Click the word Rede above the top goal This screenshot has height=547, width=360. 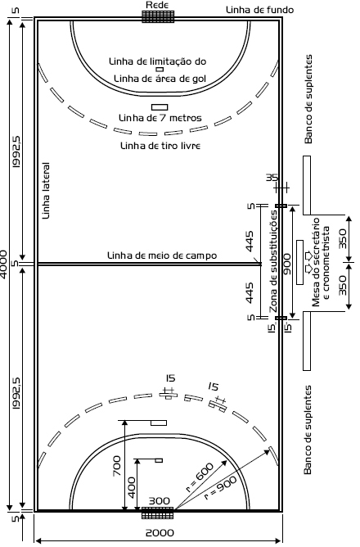tap(157, 5)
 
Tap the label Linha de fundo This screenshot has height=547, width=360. tap(259, 10)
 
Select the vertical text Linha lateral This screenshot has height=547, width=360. tap(46, 191)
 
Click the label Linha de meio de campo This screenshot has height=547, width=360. tap(162, 255)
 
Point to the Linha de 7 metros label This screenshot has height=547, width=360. tap(160, 118)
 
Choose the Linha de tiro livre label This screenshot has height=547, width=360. tap(160, 146)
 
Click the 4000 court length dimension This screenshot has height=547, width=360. tap(3, 264)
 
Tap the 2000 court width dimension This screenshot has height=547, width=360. tap(160, 533)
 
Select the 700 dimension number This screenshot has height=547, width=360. tap(117, 466)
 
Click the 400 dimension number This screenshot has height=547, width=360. tap(132, 488)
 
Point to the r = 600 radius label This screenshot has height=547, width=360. tap(200, 477)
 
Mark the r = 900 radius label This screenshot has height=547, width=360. tap(220, 488)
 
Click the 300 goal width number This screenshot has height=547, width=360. tap(160, 501)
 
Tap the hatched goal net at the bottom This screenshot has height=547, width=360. tap(158, 513)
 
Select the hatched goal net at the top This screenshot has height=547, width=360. tap(158, 16)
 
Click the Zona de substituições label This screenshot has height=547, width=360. tap(274, 261)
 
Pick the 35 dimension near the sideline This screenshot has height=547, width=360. tap(272, 178)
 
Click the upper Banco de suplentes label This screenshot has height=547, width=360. tap(308, 99)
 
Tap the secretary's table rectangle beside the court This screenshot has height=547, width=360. tap(299, 262)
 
